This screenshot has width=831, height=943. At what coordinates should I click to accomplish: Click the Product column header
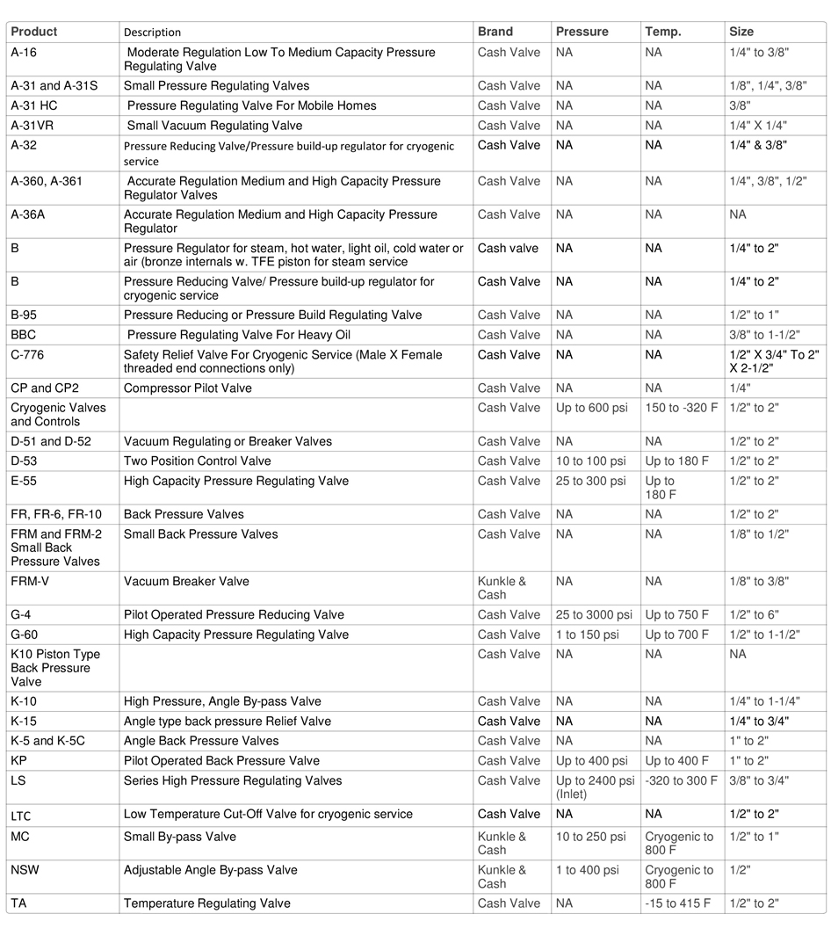pyautogui.click(x=34, y=32)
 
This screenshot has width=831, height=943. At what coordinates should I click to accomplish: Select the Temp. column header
pyautogui.click(x=663, y=32)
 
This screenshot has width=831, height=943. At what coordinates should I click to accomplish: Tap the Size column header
pyautogui.click(x=741, y=32)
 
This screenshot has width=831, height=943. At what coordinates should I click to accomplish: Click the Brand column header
pyautogui.click(x=495, y=32)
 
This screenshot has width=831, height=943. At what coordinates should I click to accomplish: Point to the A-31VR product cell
pyautogui.click(x=33, y=126)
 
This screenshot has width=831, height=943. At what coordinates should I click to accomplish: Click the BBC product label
pyautogui.click(x=24, y=335)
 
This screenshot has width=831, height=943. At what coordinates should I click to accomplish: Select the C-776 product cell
pyautogui.click(x=27, y=355)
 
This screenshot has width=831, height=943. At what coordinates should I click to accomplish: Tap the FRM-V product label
pyautogui.click(x=32, y=582)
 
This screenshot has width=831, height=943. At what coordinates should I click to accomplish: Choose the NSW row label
pyautogui.click(x=25, y=870)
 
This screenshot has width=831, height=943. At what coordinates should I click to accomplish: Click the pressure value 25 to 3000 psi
pyautogui.click(x=594, y=615)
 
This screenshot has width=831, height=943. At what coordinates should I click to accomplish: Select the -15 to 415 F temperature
pyautogui.click(x=678, y=903)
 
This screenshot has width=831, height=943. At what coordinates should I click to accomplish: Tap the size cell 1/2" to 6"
pyautogui.click(x=754, y=615)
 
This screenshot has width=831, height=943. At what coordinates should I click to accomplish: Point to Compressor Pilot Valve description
pyautogui.click(x=188, y=388)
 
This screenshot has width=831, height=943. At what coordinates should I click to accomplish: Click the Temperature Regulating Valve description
pyautogui.click(x=207, y=903)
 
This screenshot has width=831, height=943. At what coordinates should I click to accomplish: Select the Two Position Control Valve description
pyautogui.click(x=198, y=461)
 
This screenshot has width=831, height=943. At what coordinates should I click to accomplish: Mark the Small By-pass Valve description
pyautogui.click(x=180, y=837)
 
